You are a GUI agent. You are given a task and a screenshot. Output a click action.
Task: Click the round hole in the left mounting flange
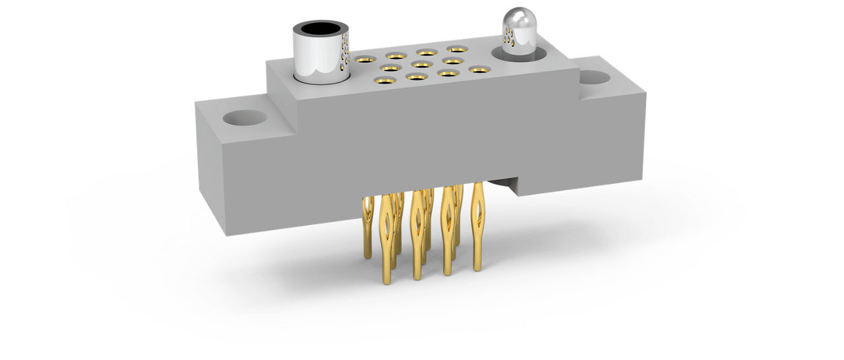(245, 119)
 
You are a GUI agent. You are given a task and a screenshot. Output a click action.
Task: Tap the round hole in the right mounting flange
(595, 78)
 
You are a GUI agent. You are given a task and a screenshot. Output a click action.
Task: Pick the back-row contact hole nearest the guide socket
(365, 59)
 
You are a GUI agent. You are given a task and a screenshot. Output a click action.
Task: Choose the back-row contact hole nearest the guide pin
(457, 49)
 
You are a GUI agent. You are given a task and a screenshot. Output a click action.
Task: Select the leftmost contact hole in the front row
(384, 80)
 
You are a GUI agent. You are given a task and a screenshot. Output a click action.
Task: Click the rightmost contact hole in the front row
(478, 69)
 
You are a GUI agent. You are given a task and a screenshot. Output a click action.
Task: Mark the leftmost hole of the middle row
(390, 67)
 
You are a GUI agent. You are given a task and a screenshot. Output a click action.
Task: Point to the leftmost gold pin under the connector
(368, 224)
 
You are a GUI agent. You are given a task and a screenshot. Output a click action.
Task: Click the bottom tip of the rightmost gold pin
(477, 268)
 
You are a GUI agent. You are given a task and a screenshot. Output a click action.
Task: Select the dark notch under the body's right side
(504, 186)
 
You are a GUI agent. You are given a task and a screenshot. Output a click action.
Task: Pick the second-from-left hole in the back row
(396, 56)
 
